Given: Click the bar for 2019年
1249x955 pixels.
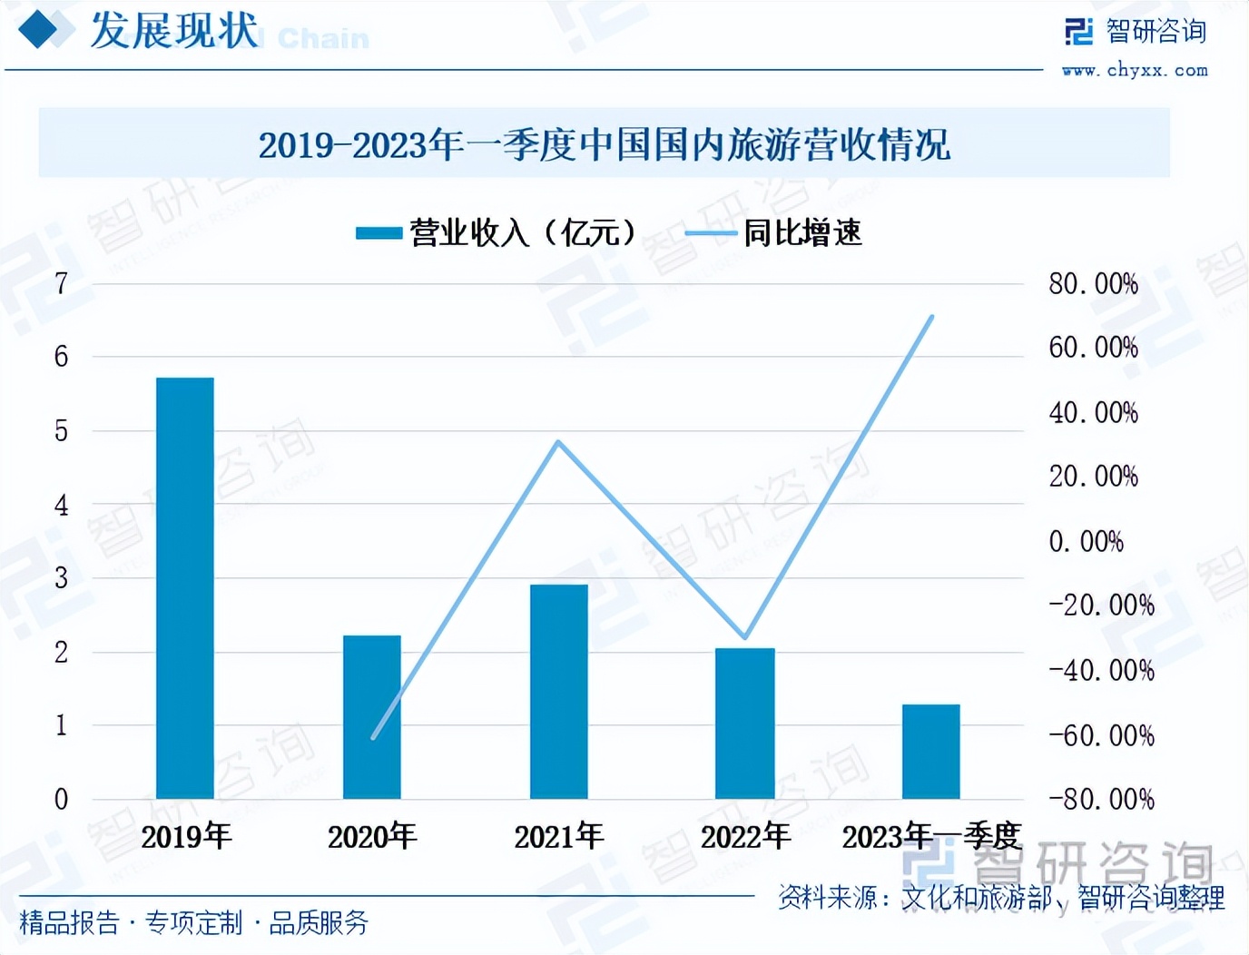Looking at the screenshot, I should [x=185, y=588].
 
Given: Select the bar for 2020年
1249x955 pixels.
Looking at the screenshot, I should [x=372, y=717].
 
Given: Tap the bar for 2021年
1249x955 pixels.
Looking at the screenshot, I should [x=559, y=692].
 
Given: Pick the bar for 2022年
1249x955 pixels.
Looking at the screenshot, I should [x=745, y=724].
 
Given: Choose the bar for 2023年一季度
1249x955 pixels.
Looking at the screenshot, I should [x=931, y=752].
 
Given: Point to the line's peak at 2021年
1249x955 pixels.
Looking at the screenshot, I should [x=558, y=442].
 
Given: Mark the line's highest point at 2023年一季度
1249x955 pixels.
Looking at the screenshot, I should [x=931, y=317].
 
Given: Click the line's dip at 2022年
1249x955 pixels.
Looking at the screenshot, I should [x=744, y=637].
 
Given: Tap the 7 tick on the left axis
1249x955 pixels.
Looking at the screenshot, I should [x=61, y=284].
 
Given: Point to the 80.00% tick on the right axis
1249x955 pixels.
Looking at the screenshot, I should [x=1093, y=284].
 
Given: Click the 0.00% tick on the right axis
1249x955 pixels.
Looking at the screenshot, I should [x=1086, y=542].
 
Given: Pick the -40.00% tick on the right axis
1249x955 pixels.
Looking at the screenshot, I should [x=1101, y=671].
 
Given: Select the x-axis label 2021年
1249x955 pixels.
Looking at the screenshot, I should [x=559, y=836].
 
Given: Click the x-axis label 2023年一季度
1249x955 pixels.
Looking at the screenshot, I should [x=931, y=836].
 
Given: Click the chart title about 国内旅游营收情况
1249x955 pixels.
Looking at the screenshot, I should [x=605, y=144].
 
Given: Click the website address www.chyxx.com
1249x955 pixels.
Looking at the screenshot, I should [x=1135, y=70].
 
